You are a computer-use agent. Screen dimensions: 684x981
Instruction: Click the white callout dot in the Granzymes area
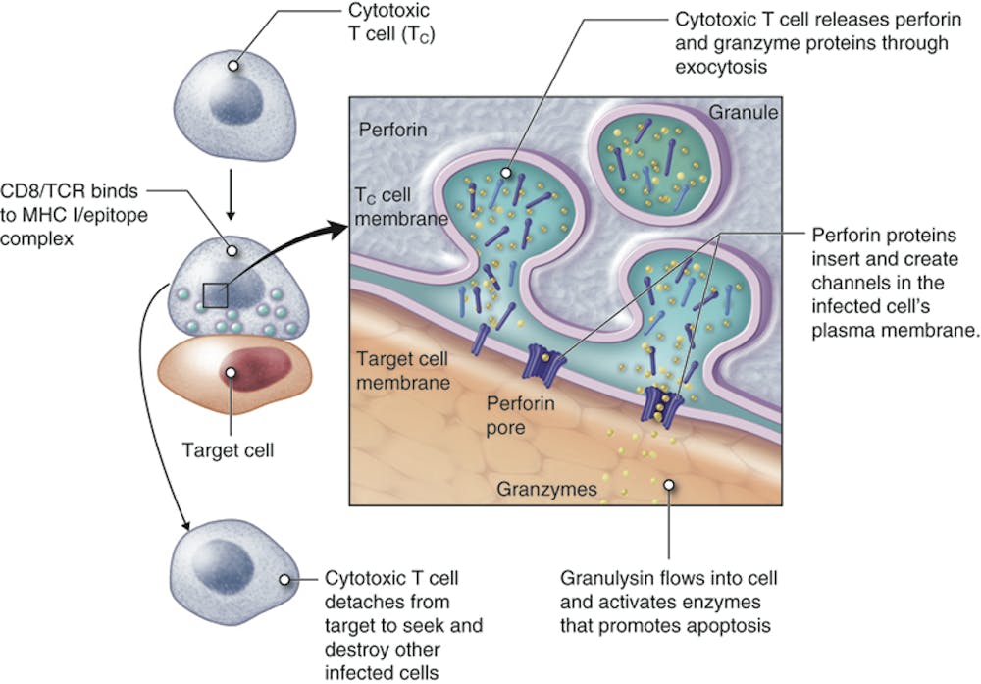pyautogui.click(x=669, y=483)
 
